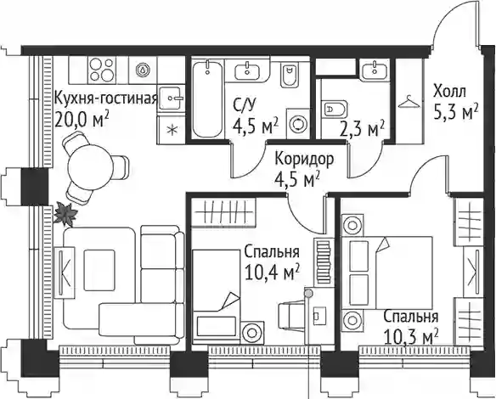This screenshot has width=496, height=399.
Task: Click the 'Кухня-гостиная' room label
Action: click(x=106, y=99)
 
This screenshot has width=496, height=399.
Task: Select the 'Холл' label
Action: click(x=449, y=92)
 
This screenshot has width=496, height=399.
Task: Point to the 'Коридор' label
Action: click(x=304, y=159)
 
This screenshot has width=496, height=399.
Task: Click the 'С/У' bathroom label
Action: click(x=245, y=106)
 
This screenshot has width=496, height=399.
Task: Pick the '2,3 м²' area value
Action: click(x=362, y=129)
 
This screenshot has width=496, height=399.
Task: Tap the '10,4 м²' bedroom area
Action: click(x=273, y=273)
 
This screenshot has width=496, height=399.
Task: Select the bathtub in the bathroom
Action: click(x=207, y=99)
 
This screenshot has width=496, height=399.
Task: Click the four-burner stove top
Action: click(x=101, y=70)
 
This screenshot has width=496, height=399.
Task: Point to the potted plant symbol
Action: click(x=65, y=215)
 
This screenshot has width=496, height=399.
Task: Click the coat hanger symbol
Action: click(x=409, y=102)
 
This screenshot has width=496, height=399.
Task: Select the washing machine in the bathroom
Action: click(x=298, y=123)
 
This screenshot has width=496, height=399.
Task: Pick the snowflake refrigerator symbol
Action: click(x=172, y=130)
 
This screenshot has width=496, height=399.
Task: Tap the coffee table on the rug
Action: click(x=99, y=270)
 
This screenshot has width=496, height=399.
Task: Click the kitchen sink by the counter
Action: click(x=172, y=98)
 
